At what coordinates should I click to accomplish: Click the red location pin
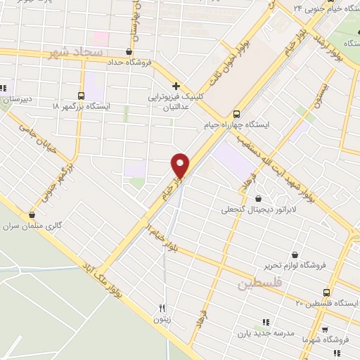(x=181, y=165)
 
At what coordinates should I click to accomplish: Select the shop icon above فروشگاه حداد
(x=128, y=51)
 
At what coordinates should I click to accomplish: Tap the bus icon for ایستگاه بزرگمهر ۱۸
(x=82, y=95)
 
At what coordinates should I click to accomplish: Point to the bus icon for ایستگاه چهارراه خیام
(x=237, y=113)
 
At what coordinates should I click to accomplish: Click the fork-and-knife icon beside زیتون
(x=162, y=308)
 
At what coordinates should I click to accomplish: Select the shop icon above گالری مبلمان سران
(x=31, y=214)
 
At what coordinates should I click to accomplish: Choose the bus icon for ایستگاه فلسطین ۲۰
(x=326, y=292)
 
